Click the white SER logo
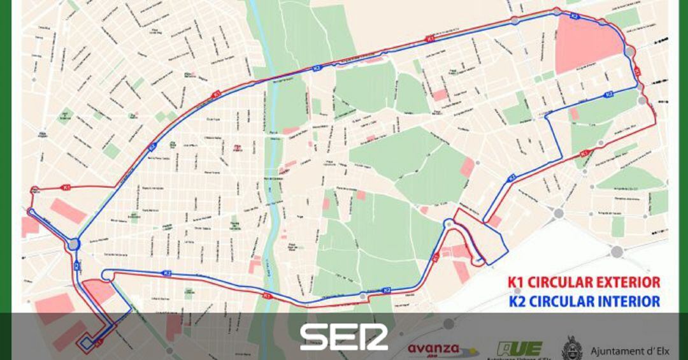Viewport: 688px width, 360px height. (344, 336)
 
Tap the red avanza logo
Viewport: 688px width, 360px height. (435, 349)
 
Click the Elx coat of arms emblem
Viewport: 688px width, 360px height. (571, 349)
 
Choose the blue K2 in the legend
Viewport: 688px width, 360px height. (516, 301)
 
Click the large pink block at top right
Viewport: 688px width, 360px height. (586, 45)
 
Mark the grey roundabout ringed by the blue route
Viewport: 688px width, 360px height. (74, 244)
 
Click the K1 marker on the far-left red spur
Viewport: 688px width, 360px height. (66, 187)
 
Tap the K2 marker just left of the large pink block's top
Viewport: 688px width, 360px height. (574, 15)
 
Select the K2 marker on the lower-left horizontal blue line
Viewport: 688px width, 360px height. (167, 273)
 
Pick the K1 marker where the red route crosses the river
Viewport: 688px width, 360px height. (267, 296)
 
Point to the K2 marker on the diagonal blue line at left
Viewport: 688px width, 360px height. (152, 147)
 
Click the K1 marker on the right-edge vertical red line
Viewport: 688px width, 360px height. (636, 71)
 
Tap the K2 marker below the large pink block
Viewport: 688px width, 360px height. (609, 94)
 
